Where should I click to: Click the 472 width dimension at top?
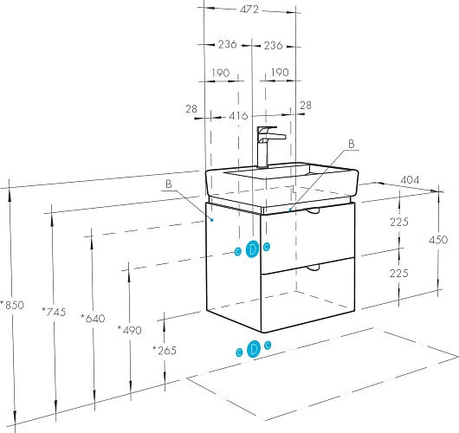pos(249,10)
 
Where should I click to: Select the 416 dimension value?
pos(238,116)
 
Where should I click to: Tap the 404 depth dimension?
pos(410,180)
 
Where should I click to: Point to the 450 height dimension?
pos(438,240)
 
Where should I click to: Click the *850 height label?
pos(12,305)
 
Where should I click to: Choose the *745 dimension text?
pos(54,312)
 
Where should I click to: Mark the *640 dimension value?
pos(93,318)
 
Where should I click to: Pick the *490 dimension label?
pos(129,330)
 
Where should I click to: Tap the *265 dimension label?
pos(165,350)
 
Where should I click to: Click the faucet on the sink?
pos(268,147)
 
